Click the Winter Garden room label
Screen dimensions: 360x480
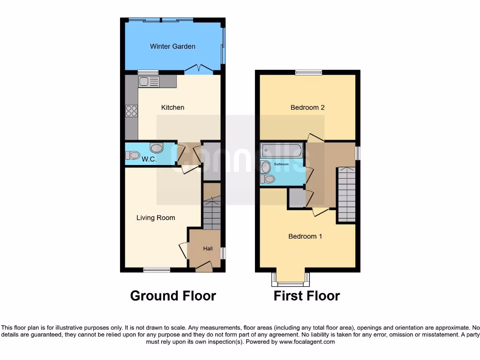click(172, 46)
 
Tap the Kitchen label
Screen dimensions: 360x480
click(172, 107)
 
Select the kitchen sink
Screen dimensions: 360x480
click(149, 82)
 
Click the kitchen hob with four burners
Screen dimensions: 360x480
click(131, 111)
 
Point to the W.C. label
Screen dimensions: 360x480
click(149, 159)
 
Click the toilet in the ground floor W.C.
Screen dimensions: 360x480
click(133, 155)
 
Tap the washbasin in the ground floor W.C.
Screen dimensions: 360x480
click(156, 148)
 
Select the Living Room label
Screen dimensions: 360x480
click(156, 217)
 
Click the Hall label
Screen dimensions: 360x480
click(208, 248)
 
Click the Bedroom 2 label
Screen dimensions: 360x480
click(307, 107)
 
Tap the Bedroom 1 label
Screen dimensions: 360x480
click(305, 236)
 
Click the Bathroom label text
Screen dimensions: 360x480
click(282, 165)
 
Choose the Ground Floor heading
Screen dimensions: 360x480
click(173, 296)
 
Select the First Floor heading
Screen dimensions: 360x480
click(307, 296)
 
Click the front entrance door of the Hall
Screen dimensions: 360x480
click(203, 267)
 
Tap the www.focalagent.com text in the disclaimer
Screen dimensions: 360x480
click(307, 342)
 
